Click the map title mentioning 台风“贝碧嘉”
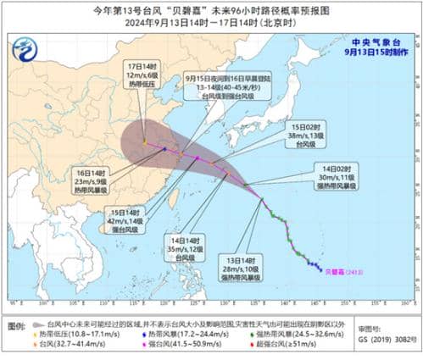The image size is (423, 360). point(211,11)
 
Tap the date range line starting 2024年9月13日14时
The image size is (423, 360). point(211,24)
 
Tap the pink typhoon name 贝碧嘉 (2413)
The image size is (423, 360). point(348,271)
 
